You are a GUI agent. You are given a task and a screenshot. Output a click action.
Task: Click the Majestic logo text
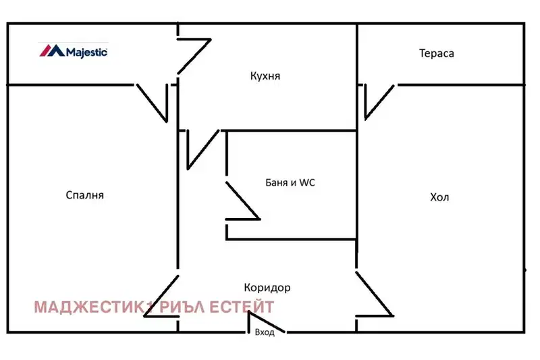tap(86, 52)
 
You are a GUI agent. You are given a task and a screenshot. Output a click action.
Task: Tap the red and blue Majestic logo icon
tap(52, 50)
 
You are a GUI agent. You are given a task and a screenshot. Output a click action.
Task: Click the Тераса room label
tap(436, 53)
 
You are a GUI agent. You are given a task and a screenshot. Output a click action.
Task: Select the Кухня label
tap(265, 76)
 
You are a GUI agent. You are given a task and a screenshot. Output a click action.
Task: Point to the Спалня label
tap(85, 195)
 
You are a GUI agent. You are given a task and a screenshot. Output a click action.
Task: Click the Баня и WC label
tap(290, 182)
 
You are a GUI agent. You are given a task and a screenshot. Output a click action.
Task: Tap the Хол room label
tap(439, 197)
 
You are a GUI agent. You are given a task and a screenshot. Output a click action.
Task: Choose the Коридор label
tap(267, 287)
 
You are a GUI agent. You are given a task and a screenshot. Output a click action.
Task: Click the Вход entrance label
tap(265, 332)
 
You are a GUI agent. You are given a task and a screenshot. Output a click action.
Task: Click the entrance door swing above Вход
tap(266, 322)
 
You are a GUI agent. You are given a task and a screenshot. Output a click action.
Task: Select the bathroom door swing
tap(242, 201)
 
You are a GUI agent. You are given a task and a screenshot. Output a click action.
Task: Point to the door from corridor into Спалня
tap(161, 296)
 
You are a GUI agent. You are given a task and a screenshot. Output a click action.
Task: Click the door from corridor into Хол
tap(375, 294)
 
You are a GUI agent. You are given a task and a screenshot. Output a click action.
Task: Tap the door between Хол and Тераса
tap(379, 102)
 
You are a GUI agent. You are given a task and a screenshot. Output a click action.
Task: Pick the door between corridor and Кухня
tap(203, 149)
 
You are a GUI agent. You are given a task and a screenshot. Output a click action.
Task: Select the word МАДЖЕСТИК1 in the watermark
tap(93, 307)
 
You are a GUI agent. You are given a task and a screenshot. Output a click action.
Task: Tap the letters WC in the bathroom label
tap(307, 182)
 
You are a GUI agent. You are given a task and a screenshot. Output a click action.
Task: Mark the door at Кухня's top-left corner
tap(194, 56)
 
